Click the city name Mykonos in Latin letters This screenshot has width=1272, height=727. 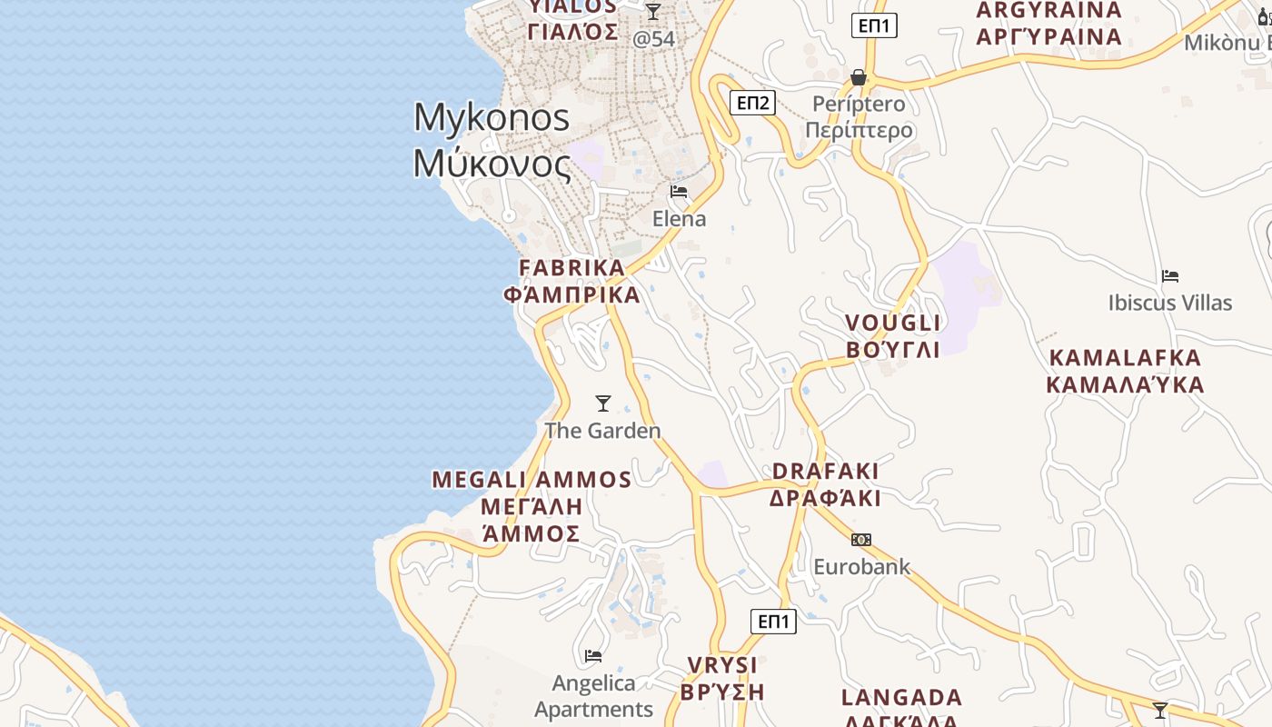tap(492, 118)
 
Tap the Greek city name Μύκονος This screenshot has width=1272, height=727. tap(492, 164)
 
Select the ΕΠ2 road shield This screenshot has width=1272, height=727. tap(752, 103)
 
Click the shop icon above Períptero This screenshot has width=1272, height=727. tap(859, 77)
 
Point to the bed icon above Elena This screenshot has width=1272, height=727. tap(679, 192)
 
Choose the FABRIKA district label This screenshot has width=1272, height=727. tap(572, 268)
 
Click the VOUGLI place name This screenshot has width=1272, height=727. tap(893, 324)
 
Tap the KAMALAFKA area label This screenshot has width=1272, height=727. tap(1125, 357)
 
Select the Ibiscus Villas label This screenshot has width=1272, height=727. tap(1170, 303)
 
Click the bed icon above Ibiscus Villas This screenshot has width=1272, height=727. tap(1170, 275)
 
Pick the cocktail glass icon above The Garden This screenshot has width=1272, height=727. tap(602, 403)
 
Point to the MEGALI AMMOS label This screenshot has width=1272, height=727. tap(532, 480)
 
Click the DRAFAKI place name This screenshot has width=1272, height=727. tap(826, 471)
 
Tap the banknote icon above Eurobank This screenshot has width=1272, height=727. tap(860, 540)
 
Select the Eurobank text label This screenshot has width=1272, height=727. tap(861, 567)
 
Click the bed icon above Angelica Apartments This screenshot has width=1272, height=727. tap(593, 655)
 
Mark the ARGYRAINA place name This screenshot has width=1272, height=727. tap(1049, 11)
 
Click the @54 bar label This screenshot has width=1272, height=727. tap(654, 39)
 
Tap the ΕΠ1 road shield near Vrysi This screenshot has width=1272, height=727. tap(773, 622)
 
